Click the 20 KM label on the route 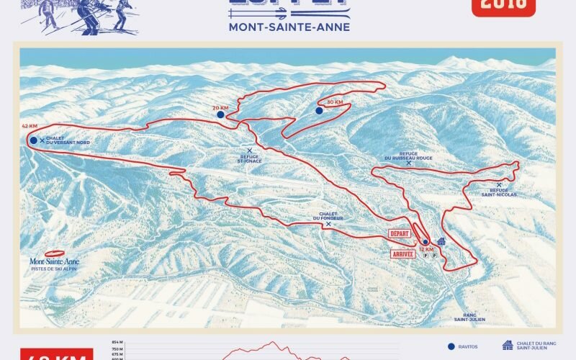[x=220, y=107]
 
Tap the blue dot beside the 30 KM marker [x=319, y=111]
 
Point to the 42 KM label [x=30, y=126]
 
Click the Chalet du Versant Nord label [x=68, y=141]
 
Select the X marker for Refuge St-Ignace [x=249, y=150]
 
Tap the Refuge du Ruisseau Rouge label [x=408, y=156]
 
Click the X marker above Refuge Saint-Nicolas [x=499, y=184]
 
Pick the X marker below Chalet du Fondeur [x=328, y=224]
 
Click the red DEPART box [x=399, y=234]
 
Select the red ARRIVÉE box [x=403, y=253]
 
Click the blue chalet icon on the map [x=441, y=242]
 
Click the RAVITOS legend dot [x=451, y=346]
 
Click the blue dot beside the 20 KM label [x=220, y=114]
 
